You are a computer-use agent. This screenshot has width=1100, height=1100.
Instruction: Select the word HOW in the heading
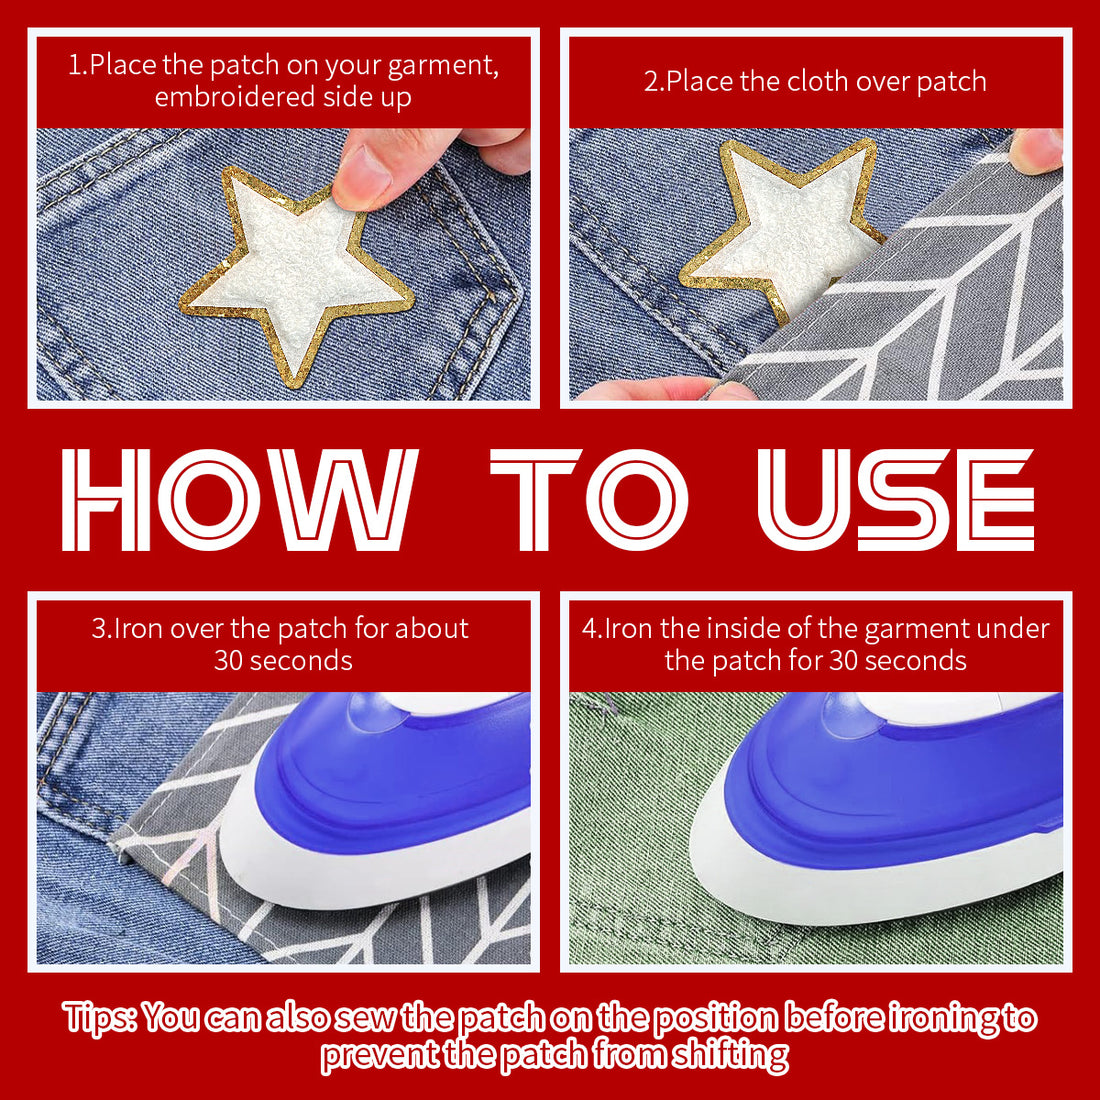click(x=239, y=499)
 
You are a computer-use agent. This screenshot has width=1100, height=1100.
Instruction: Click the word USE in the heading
click(x=896, y=499)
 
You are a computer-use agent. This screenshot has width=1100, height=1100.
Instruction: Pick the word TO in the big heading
click(x=589, y=499)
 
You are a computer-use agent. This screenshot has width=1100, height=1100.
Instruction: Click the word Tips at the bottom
click(x=99, y=1018)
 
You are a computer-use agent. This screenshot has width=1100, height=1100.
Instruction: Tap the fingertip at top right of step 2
click(x=1037, y=151)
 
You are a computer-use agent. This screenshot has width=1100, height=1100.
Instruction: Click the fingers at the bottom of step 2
click(x=666, y=389)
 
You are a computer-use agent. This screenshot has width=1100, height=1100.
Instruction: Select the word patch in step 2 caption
click(x=951, y=81)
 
